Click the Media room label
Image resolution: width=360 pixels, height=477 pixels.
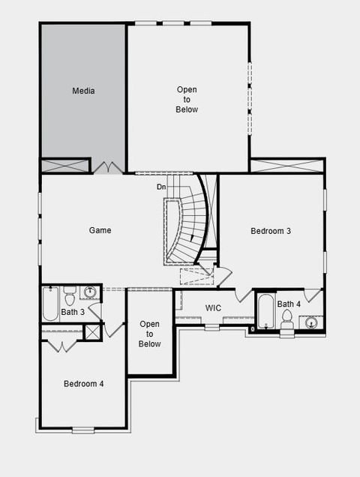(x=83, y=91)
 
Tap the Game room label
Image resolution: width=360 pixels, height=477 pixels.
(x=100, y=230)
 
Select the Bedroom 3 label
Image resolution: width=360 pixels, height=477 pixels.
(x=270, y=230)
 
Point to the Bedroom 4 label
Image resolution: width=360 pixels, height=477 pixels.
(x=83, y=383)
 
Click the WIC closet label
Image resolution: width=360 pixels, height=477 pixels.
(x=213, y=307)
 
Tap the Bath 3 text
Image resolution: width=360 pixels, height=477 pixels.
(x=73, y=311)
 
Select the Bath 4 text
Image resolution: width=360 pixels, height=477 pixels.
(x=289, y=304)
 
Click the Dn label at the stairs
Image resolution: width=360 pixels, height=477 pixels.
(x=161, y=187)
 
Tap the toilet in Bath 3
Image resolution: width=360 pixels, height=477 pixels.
(x=70, y=292)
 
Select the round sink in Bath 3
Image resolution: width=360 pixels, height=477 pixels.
(x=90, y=292)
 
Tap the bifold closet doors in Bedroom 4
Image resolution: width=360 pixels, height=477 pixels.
(x=61, y=346)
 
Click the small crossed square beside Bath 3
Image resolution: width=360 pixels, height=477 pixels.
(x=92, y=332)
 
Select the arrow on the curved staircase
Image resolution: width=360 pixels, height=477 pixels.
(x=194, y=237)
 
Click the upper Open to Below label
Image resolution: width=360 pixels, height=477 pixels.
(x=187, y=99)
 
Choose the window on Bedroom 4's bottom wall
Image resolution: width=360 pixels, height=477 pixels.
(x=83, y=429)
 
